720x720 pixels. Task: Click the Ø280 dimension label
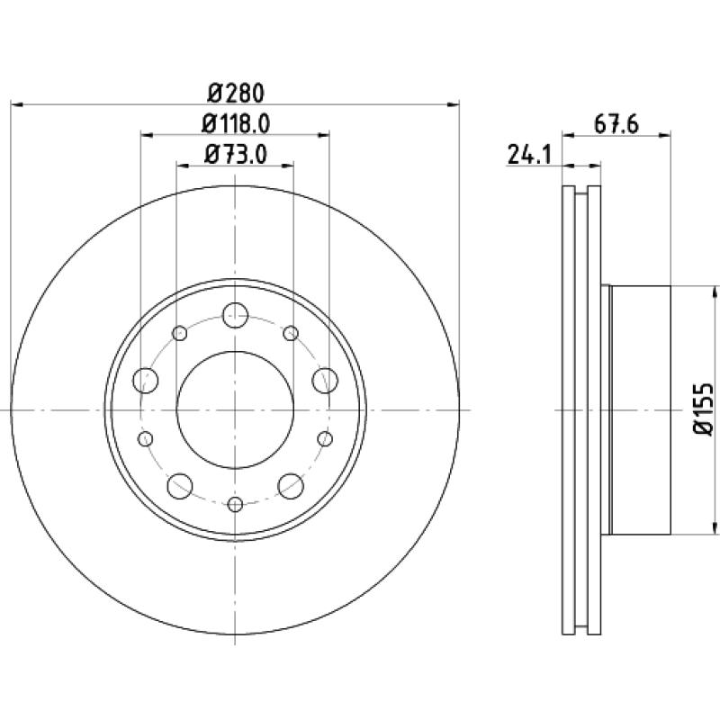236,94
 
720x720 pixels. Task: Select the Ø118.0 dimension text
236,123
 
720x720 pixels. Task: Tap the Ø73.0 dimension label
236,154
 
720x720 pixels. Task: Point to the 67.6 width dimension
616,124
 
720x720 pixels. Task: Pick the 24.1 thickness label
529,154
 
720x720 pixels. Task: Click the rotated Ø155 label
702,409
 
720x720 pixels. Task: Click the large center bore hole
235,409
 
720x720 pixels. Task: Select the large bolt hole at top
235,316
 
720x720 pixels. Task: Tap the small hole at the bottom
235,505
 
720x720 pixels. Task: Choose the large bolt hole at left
146,380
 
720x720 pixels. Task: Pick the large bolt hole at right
325,380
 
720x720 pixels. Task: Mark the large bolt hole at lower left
179,486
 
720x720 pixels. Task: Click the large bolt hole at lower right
291,486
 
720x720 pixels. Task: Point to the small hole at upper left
179,333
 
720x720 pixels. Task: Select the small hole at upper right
291,333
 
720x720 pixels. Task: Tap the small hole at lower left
145,439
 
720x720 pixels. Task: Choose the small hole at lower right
325,439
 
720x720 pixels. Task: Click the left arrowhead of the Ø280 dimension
16,105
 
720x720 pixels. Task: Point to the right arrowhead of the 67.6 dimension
665,135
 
